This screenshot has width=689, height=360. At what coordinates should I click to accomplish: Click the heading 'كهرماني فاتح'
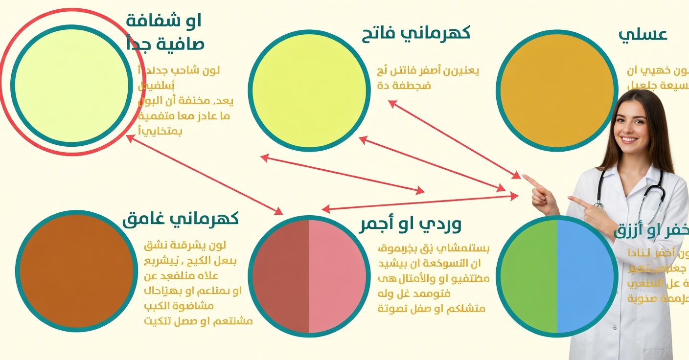pos(416,33)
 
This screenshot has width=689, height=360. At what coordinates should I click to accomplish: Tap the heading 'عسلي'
pos(643,34)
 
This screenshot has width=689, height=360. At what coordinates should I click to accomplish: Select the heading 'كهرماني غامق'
pos(180,219)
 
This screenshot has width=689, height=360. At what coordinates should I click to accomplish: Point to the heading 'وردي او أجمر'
pos(410,224)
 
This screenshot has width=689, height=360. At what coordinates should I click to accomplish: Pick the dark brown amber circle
pos(76,271)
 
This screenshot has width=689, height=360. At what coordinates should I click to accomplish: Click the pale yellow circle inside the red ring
pos(71,86)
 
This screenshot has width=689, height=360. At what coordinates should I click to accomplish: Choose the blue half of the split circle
pos(585,276)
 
